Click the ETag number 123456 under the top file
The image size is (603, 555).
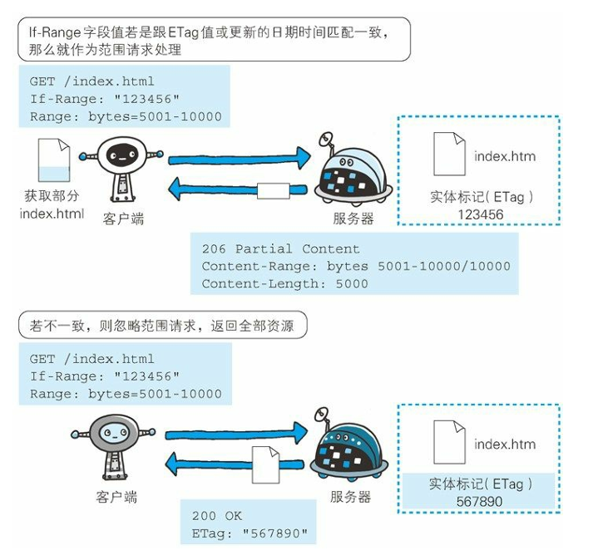pos(480,214)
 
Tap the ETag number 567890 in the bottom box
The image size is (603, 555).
pos(480,502)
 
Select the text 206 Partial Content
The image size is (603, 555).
pos(280,248)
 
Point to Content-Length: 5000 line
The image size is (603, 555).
pos(284,283)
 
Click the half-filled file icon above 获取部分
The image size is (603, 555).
pos(52,164)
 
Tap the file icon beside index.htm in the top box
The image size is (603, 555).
pos(448,153)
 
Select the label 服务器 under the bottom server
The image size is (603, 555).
pos(349,497)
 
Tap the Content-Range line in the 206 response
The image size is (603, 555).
pos(356,266)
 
